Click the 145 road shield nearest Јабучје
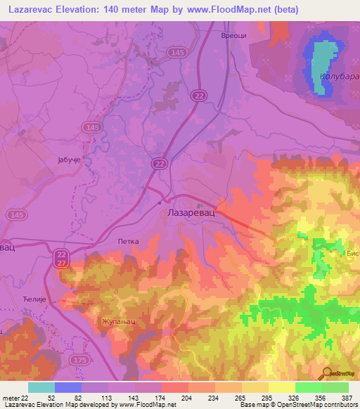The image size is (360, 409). tap(90, 127)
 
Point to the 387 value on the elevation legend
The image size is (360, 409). tap(345, 398)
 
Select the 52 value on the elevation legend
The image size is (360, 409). tap(51, 398)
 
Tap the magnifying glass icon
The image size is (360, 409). tap(326, 373)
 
